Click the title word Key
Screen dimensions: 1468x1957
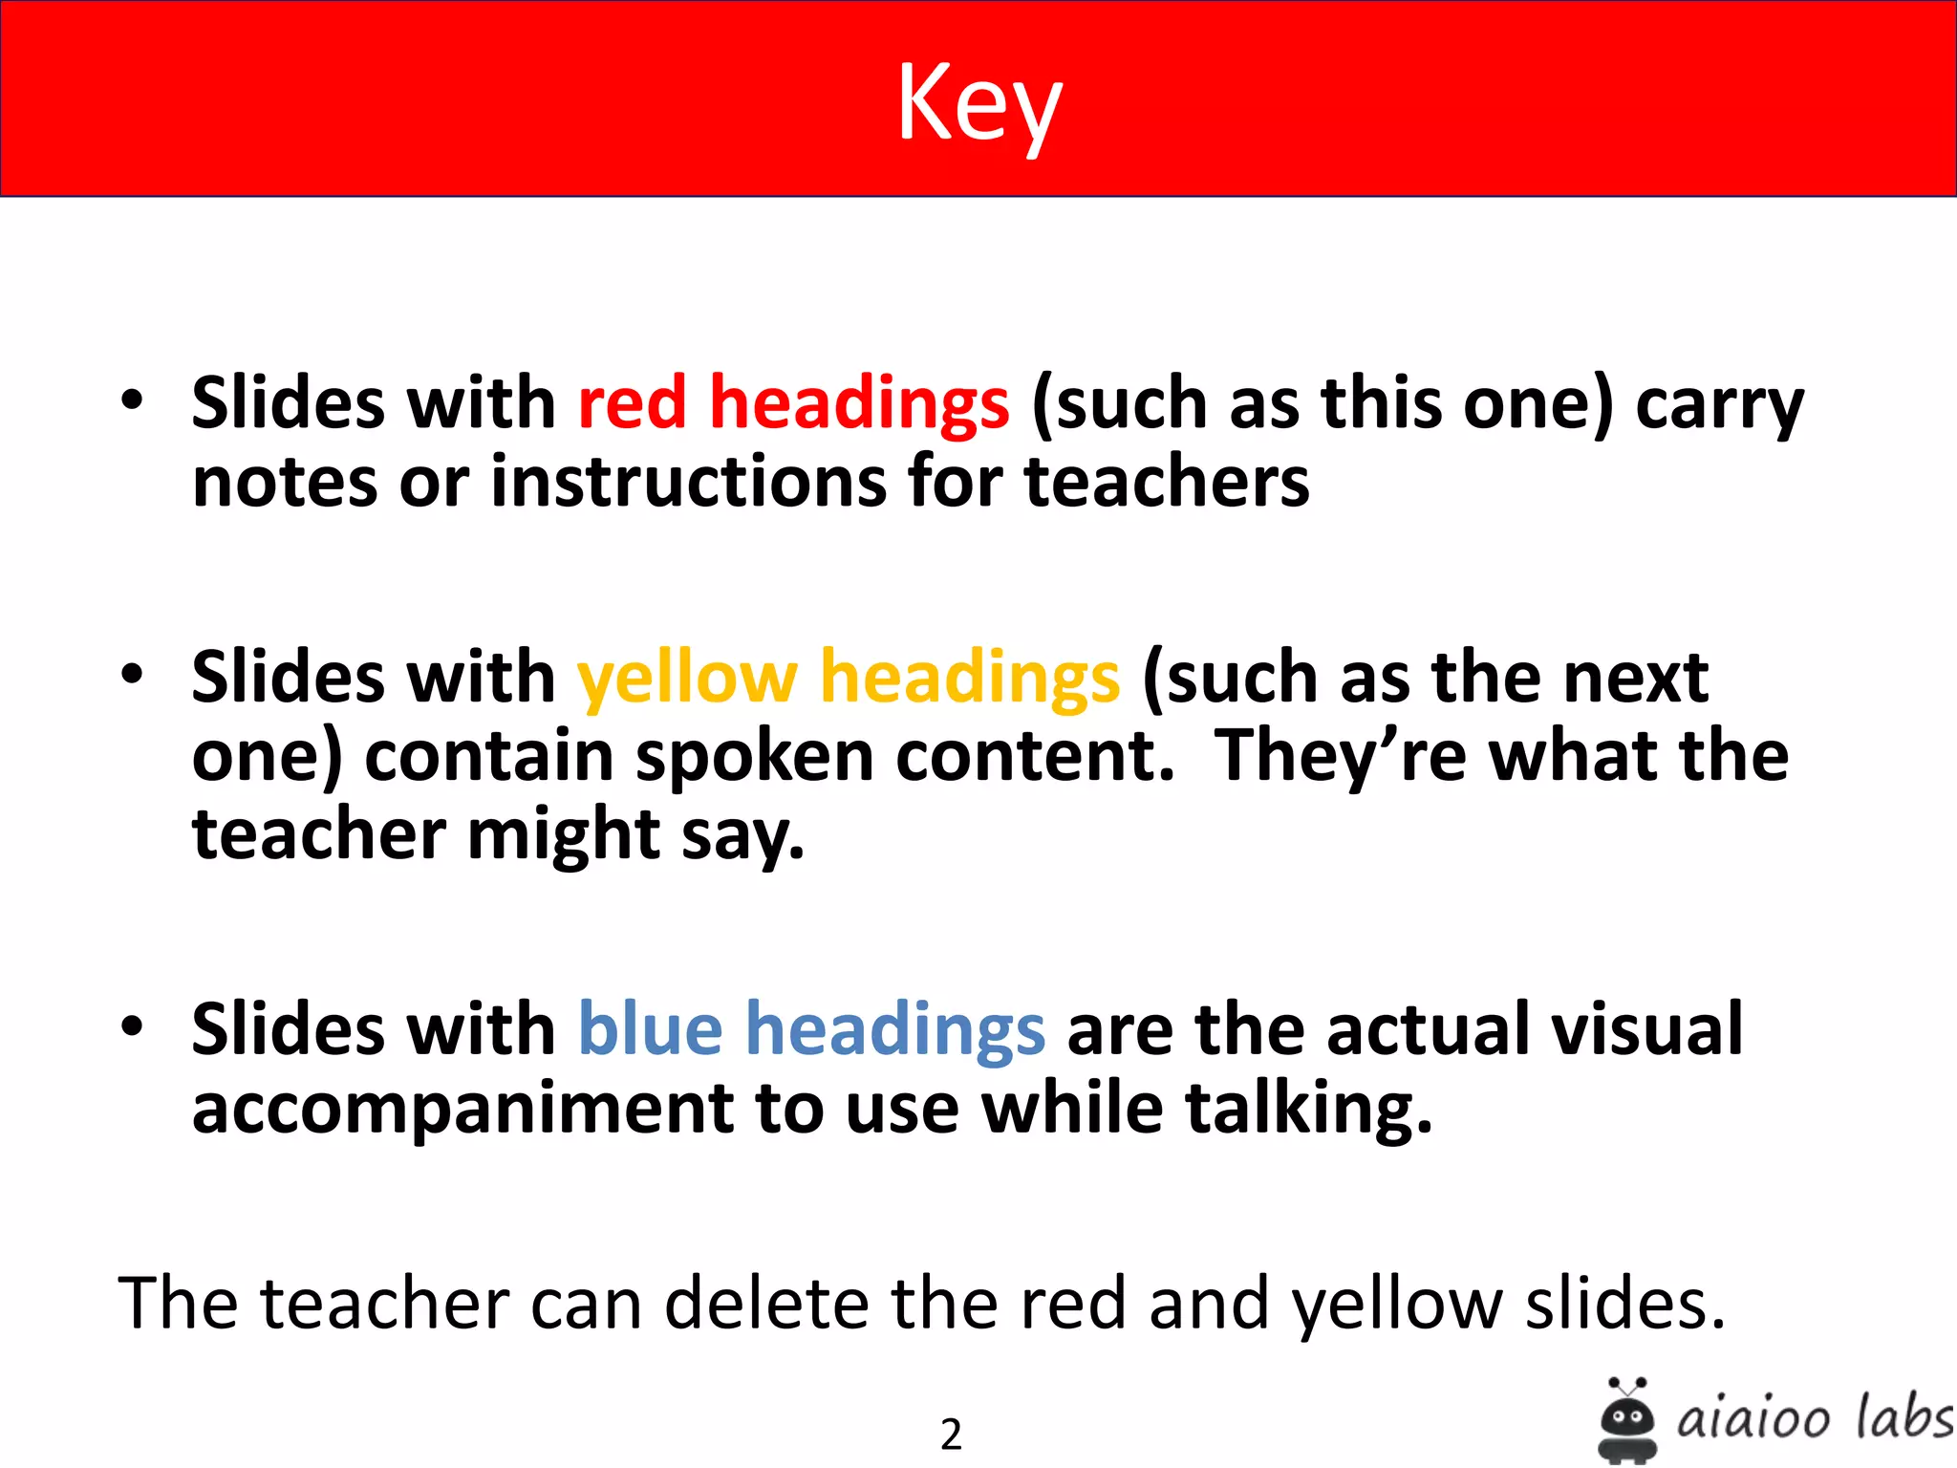978,103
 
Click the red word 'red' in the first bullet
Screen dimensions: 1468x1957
632,402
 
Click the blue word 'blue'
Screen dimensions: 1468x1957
651,1029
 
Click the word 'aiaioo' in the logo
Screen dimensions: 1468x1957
1753,1419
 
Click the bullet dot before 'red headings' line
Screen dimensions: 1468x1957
132,400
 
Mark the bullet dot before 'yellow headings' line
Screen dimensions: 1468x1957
132,675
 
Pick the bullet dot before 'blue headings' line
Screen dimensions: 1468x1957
132,1026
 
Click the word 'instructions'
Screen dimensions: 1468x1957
688,481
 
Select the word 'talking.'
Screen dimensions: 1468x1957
1309,1109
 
